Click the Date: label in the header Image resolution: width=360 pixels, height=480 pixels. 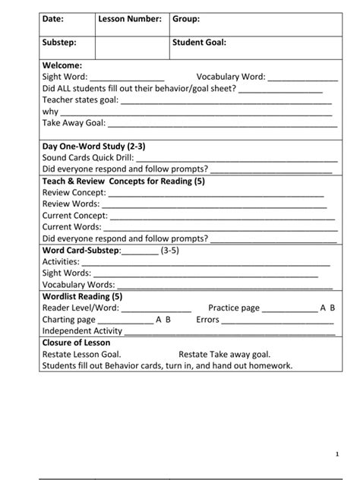52,18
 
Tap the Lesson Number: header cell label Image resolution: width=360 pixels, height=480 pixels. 130,18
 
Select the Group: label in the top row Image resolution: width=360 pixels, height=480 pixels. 186,18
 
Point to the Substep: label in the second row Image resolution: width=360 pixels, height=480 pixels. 58,43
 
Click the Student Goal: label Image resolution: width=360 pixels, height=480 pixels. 199,43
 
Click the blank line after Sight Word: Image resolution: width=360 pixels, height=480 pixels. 127,77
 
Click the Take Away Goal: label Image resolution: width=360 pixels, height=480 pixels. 74,122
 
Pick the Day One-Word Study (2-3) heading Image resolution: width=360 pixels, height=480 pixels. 93,146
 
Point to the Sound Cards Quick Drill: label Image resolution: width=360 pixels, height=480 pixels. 87,157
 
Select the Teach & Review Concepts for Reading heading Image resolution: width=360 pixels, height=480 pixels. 123,182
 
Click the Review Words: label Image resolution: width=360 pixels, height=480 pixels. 71,204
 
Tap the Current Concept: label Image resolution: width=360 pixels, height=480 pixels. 75,215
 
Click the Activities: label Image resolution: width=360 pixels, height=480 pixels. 61,261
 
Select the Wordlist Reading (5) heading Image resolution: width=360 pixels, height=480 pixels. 83,296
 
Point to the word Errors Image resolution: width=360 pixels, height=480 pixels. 207,320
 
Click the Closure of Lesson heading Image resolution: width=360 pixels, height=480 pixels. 77,343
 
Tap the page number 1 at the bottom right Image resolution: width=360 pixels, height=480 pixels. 336,453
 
